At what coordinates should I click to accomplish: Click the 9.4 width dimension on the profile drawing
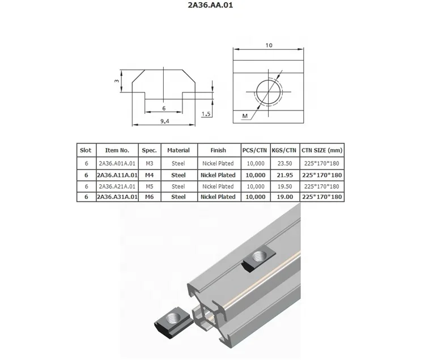pyautogui.click(x=164, y=121)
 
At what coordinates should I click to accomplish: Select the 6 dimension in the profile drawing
pyautogui.click(x=164, y=108)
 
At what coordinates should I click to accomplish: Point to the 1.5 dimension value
pyautogui.click(x=207, y=114)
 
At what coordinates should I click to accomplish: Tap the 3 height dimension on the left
pyautogui.click(x=116, y=81)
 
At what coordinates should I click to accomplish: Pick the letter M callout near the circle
pyautogui.click(x=245, y=116)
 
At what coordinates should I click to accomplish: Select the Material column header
pyautogui.click(x=178, y=150)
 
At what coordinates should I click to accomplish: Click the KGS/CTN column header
pyautogui.click(x=284, y=150)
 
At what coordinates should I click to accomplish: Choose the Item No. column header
pyautogui.click(x=117, y=150)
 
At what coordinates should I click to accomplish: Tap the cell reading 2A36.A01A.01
pyautogui.click(x=117, y=163)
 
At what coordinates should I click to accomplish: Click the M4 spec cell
pyautogui.click(x=150, y=175)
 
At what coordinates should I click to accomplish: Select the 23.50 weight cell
pyautogui.click(x=284, y=163)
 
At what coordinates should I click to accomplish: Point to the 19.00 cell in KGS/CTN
pyautogui.click(x=284, y=197)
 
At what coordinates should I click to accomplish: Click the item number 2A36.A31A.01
pyautogui.click(x=117, y=197)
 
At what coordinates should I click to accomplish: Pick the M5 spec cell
pyautogui.click(x=150, y=186)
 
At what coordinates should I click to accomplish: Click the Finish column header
pyautogui.click(x=218, y=150)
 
